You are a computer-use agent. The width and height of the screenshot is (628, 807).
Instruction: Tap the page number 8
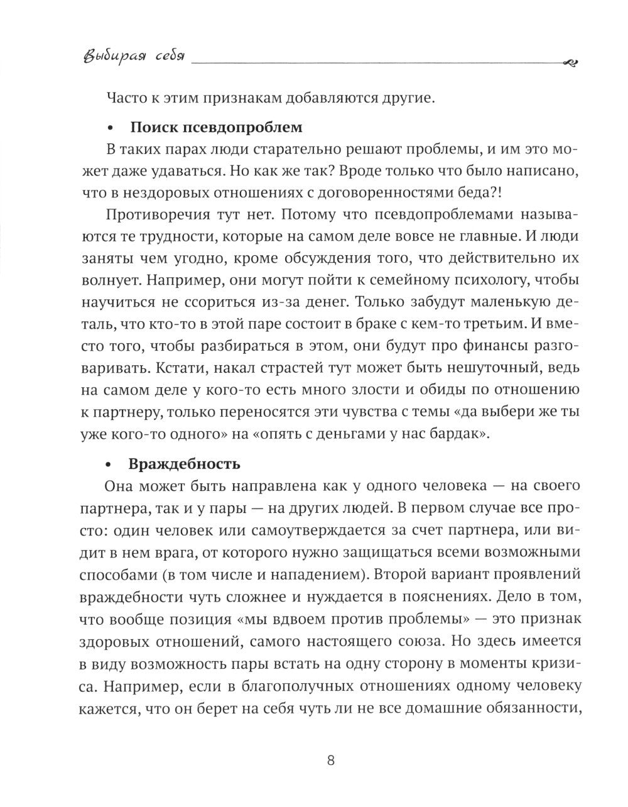[332, 760]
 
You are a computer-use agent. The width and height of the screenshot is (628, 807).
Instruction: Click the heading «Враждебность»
[185, 464]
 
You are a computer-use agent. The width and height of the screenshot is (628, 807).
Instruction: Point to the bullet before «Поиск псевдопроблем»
[111, 129]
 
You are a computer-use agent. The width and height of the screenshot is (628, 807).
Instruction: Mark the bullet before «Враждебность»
[111, 466]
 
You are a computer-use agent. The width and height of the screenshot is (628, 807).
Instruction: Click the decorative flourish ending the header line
[571, 62]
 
